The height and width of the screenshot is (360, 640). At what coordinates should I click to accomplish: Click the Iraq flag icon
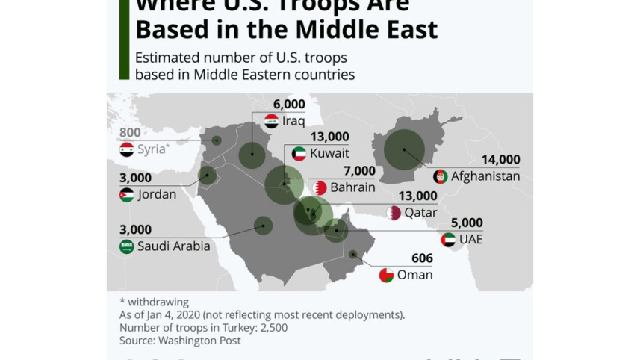coord(272,121)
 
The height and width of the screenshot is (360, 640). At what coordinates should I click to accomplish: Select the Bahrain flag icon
coord(320,187)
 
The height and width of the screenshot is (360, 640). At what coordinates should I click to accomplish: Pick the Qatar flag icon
coord(394,213)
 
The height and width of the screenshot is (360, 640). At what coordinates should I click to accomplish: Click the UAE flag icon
coord(448,240)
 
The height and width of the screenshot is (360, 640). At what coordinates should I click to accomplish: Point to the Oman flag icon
coord(386,275)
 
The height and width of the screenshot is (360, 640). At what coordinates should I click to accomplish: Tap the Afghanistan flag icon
coord(441,177)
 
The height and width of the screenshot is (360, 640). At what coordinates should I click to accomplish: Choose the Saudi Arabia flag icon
coord(127,246)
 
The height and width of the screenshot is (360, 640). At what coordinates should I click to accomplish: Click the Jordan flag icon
coord(127,195)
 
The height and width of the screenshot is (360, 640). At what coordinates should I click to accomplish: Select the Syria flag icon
coord(127,149)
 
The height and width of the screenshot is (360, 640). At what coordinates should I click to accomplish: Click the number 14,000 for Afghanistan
coord(500,160)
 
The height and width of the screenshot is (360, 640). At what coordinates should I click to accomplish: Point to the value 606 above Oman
coord(422,258)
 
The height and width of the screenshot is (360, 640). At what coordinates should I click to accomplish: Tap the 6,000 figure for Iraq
coord(289,105)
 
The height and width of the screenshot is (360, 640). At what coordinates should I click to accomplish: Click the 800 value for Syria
coord(130,133)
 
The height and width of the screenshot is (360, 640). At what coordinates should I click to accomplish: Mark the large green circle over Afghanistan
coord(404,149)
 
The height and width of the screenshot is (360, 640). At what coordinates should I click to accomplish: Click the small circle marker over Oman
coord(352,255)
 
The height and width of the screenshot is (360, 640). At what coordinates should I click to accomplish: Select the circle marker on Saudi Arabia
coord(263,225)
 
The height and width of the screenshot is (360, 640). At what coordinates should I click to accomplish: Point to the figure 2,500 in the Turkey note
coord(272,328)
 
